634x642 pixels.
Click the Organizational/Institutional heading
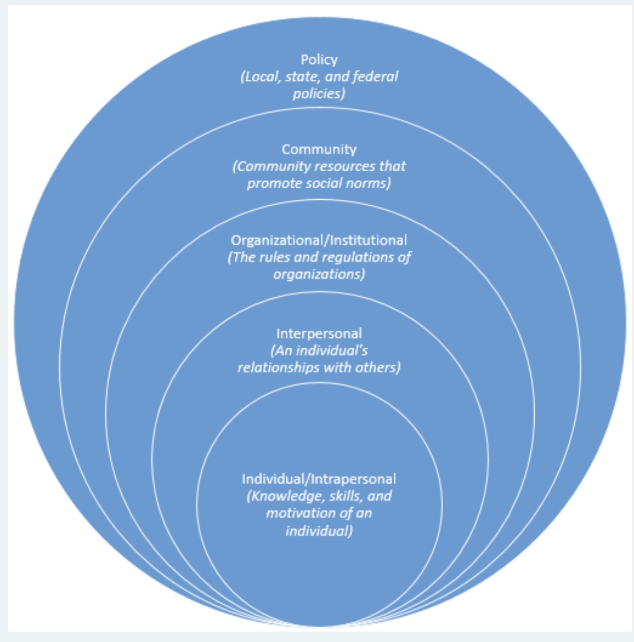[319, 240]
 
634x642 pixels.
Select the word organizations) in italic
[319, 274]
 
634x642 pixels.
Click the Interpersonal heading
[319, 333]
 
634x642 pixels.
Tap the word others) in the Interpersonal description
[381, 369]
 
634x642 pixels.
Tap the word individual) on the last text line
[319, 531]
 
